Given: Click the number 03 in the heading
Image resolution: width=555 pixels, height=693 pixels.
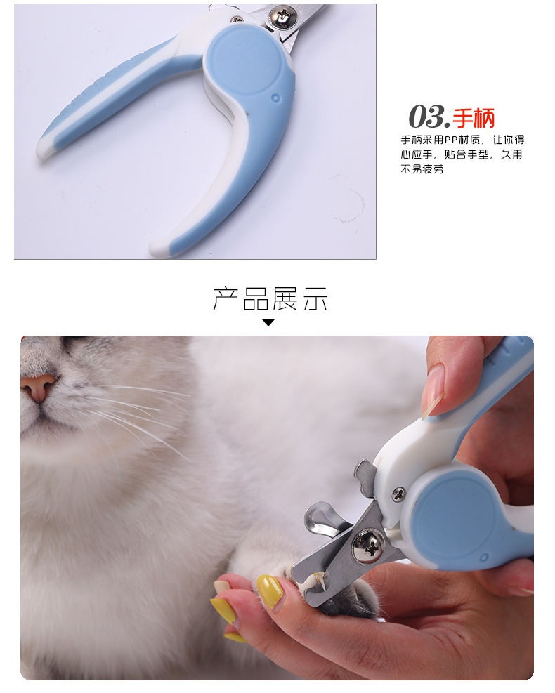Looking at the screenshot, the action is tap(426, 117).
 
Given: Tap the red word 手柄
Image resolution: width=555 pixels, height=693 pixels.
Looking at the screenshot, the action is tap(474, 117).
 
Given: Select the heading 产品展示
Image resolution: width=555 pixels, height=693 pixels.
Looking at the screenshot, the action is tap(270, 299).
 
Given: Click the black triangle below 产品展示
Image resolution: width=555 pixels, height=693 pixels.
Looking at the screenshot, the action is tap(268, 323).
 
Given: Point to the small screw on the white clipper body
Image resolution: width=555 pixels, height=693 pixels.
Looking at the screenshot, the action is tap(398, 494).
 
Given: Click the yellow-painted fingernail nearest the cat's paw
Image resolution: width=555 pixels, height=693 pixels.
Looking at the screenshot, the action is tap(269, 590).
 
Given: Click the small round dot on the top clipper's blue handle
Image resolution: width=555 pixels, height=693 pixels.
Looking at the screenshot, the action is tap(275, 98).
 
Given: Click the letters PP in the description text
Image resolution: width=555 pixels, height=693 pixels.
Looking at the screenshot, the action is tap(450, 140).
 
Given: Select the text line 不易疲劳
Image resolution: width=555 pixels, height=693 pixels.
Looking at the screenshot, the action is tap(422, 169).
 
